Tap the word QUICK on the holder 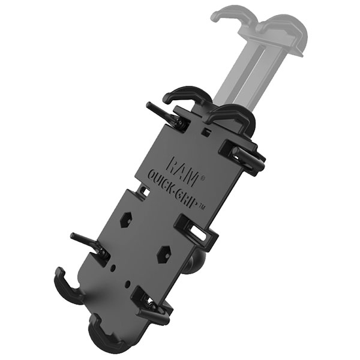tap(163, 183)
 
